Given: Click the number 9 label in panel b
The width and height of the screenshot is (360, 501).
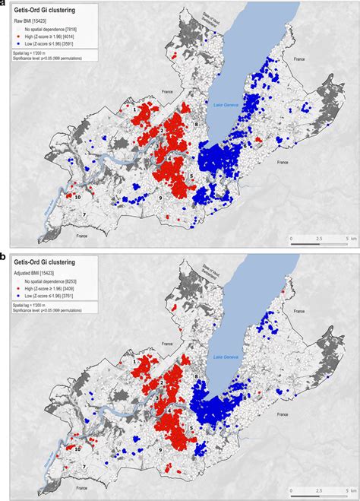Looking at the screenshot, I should pyautogui.click(x=160, y=451).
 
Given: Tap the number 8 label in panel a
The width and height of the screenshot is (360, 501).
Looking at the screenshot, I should pyautogui.click(x=196, y=123).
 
